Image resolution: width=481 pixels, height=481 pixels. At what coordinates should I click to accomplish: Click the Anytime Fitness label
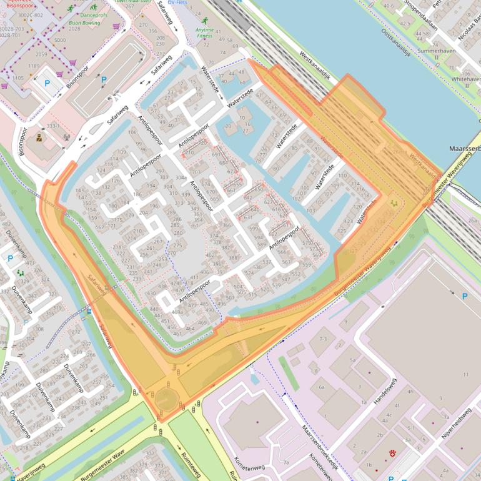204,32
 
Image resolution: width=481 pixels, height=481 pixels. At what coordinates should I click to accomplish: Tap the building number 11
465,374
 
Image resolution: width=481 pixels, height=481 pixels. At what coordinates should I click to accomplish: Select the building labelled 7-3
322,339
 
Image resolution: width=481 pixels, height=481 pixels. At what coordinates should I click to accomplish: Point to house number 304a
181,177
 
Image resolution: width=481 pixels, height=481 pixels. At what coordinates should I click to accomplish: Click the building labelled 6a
321,387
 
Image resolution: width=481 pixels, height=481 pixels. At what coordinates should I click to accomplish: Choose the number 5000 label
60,40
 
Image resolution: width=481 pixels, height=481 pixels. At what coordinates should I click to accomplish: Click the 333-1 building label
52,126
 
